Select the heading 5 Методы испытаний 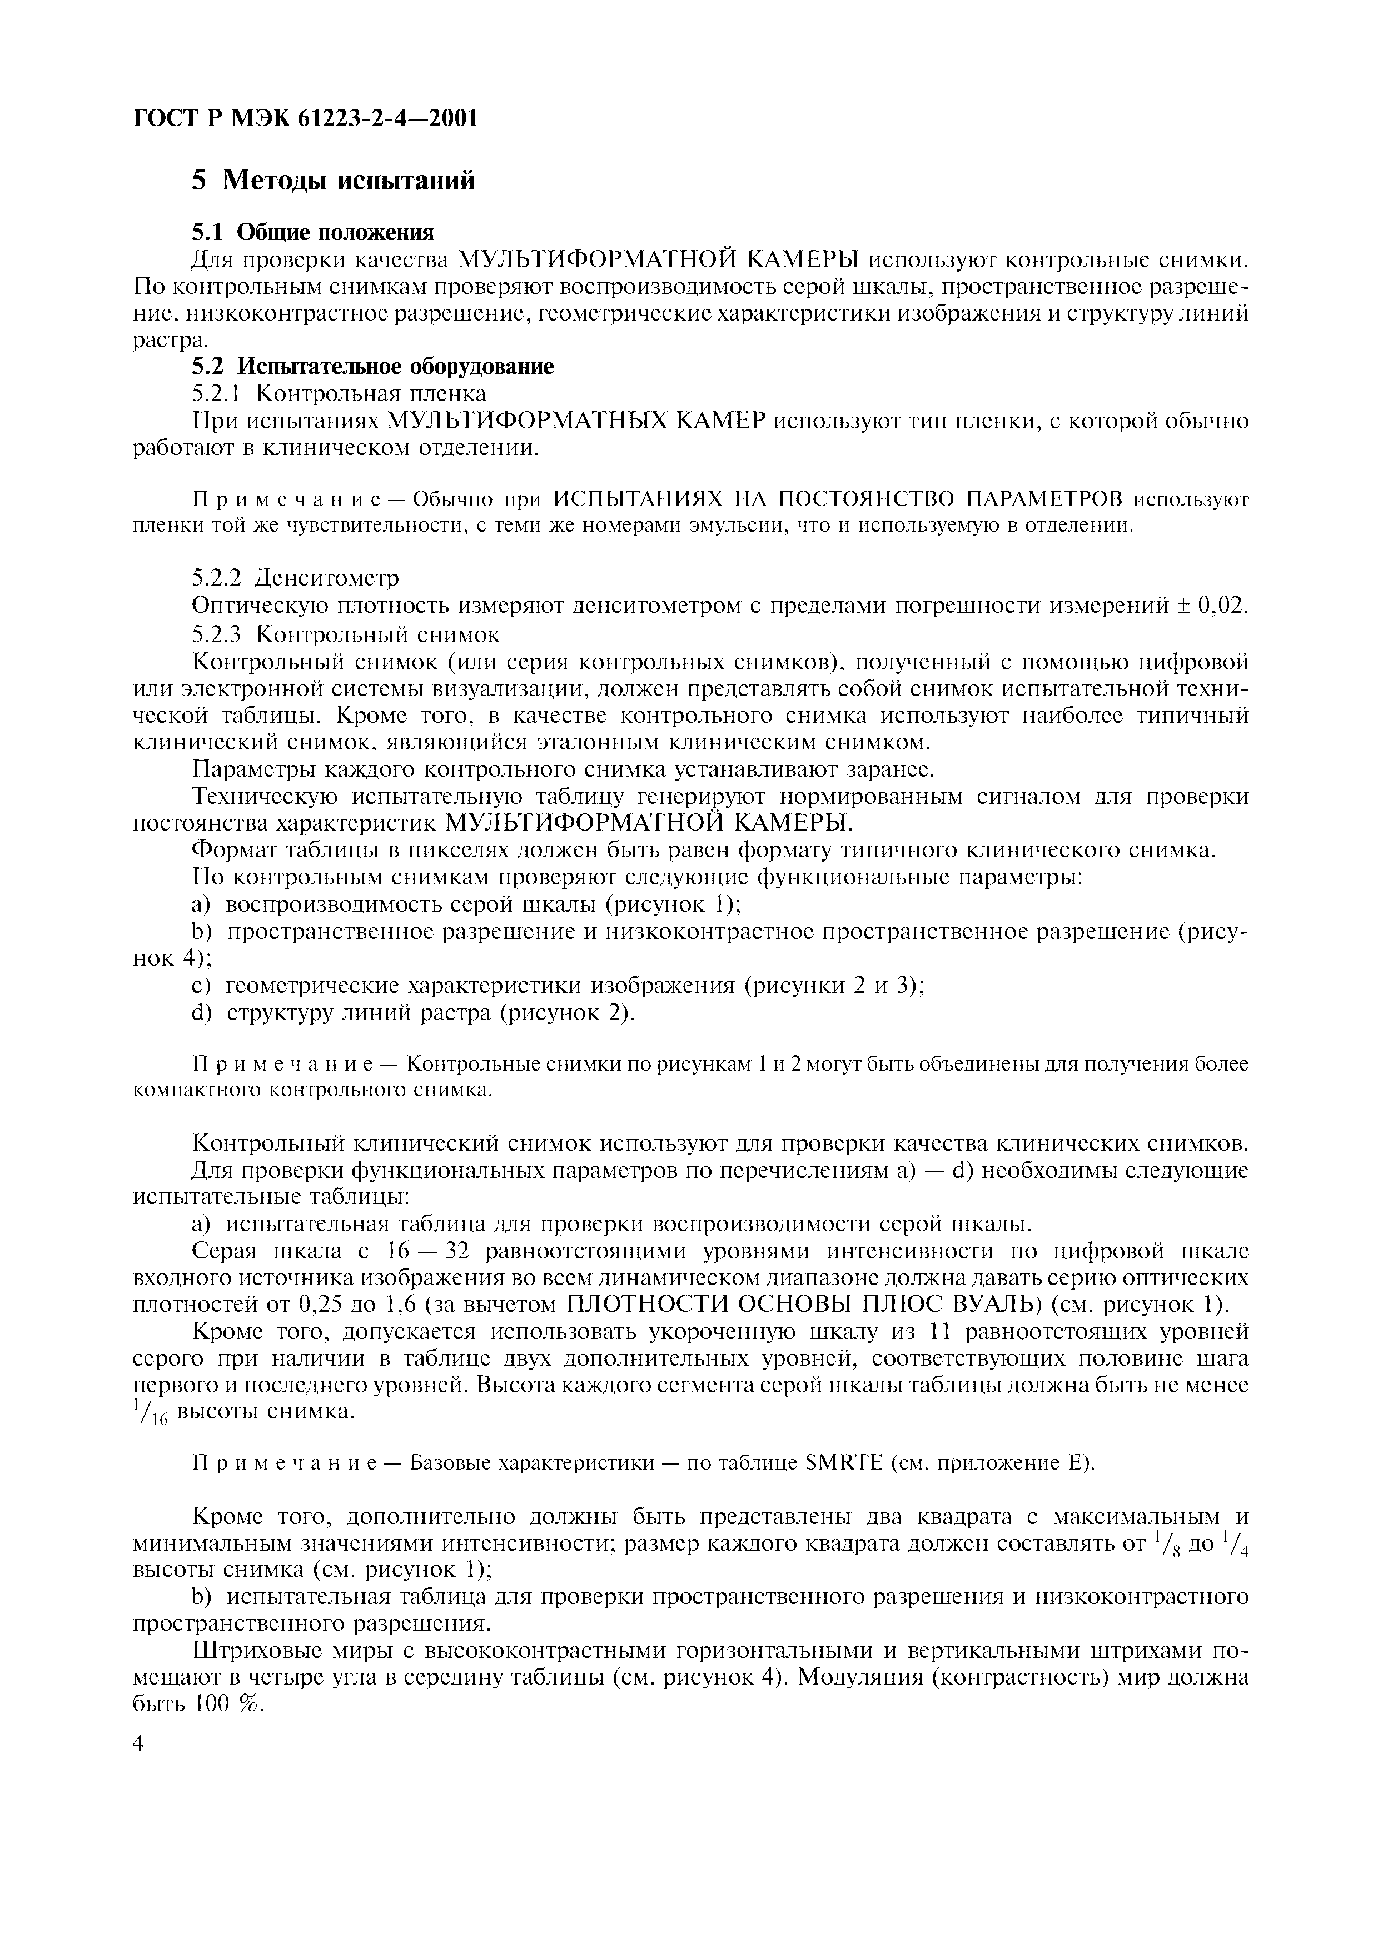pyautogui.click(x=333, y=180)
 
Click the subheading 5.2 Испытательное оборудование pyautogui.click(x=372, y=366)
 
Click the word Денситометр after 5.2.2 pyautogui.click(x=327, y=578)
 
